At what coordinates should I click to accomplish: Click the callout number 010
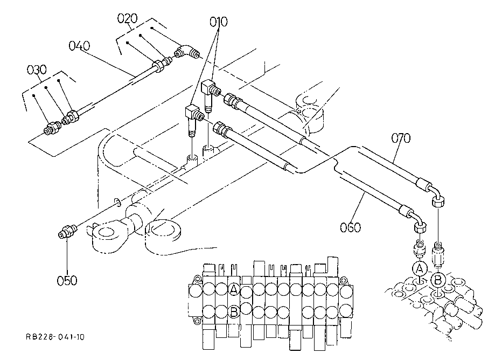[x=219, y=22]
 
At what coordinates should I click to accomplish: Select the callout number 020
[x=127, y=18]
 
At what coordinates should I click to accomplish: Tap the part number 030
[x=37, y=70]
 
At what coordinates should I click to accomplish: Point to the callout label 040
[x=79, y=46]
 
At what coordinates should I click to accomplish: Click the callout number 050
[x=67, y=280]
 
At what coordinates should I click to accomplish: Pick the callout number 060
[x=351, y=227]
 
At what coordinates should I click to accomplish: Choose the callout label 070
[x=401, y=138]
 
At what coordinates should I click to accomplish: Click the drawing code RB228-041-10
[x=55, y=337]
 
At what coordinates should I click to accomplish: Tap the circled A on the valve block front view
[x=234, y=289]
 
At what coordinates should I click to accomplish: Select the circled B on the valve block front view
[x=234, y=312]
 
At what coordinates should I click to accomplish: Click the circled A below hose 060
[x=420, y=269]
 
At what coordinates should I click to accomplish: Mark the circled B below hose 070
[x=438, y=280]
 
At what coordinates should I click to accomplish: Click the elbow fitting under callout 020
[x=188, y=52]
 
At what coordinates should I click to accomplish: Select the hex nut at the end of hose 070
[x=438, y=201]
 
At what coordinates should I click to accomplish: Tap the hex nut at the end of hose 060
[x=420, y=226]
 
